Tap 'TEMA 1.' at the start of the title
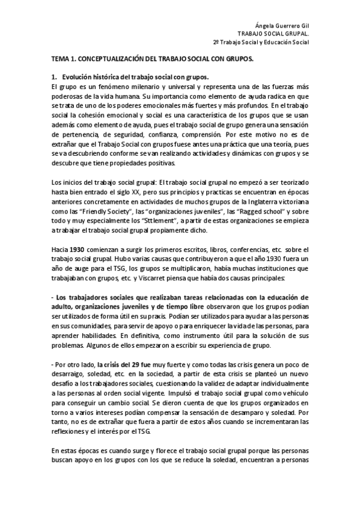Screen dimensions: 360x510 [x=61, y=61]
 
